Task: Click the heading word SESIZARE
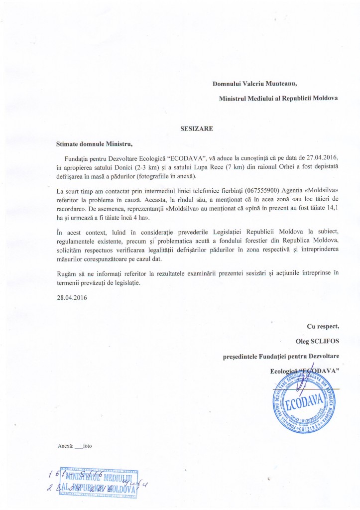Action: point(196,128)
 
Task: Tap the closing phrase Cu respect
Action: point(323,326)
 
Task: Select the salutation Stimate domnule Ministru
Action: point(95,144)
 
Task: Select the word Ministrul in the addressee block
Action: point(236,98)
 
